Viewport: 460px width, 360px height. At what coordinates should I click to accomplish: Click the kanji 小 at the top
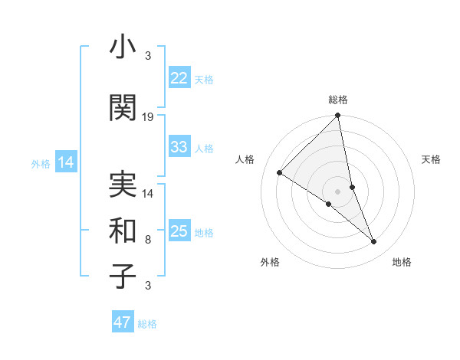[x=123, y=49]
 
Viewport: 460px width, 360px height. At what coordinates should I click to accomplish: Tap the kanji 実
[x=123, y=183]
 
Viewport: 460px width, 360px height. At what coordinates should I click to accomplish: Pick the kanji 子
[x=123, y=276]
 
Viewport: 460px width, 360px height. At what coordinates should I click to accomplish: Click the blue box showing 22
[x=179, y=78]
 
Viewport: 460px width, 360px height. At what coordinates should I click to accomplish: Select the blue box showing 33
[x=179, y=147]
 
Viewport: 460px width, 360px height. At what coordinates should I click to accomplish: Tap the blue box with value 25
[x=179, y=231]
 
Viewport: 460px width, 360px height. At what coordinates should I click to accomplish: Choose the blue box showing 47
[x=122, y=322]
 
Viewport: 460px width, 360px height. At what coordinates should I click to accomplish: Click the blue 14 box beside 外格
[x=65, y=162]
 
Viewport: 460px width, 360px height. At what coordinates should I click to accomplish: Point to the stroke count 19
[x=148, y=117]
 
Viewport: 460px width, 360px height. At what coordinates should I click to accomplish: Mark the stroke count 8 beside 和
[x=148, y=240]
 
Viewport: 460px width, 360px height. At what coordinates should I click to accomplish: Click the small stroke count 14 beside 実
[x=148, y=194]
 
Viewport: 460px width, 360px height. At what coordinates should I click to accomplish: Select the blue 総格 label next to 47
[x=147, y=324]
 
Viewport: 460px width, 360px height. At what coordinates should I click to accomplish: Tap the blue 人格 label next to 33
[x=204, y=148]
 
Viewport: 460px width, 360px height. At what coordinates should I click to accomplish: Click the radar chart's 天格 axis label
[x=431, y=159]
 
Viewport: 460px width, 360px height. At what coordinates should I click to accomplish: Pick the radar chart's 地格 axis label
[x=402, y=262]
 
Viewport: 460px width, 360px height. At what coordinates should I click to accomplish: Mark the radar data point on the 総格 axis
[x=337, y=116]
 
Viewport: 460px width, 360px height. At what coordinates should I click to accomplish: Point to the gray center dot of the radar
[x=337, y=191]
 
